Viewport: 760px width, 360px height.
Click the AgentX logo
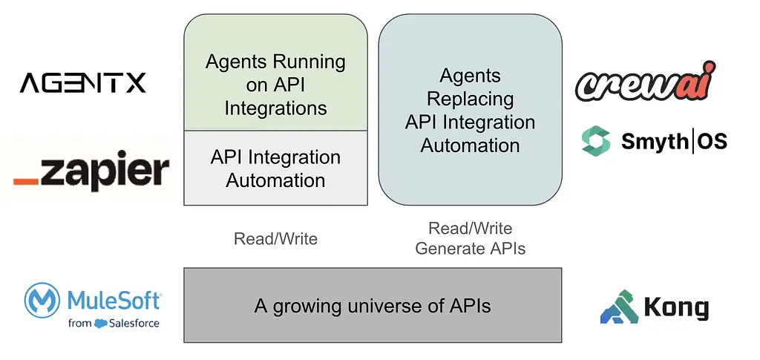pyautogui.click(x=82, y=82)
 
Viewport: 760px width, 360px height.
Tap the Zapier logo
pyautogui.click(x=91, y=173)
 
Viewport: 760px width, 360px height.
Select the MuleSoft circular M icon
pyautogui.click(x=44, y=301)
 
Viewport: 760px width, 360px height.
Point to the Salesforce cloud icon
pyautogui.click(x=101, y=323)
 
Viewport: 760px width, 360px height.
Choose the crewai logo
pyautogui.click(x=645, y=82)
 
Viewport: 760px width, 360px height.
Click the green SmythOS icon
pyautogui.click(x=595, y=141)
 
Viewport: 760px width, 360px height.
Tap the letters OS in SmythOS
pyautogui.click(x=711, y=140)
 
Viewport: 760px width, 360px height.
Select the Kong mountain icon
pyautogui.click(x=619, y=307)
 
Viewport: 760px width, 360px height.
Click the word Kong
pyautogui.click(x=677, y=308)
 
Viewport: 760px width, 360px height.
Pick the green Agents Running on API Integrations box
pyautogui.click(x=275, y=73)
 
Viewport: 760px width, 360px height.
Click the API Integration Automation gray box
pyautogui.click(x=275, y=168)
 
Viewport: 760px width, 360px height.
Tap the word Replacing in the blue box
pyautogui.click(x=470, y=99)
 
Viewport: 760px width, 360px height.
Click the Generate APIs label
pyautogui.click(x=470, y=249)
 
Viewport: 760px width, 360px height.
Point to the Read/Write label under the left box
pyautogui.click(x=275, y=239)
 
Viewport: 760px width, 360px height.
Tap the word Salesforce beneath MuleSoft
pyautogui.click(x=134, y=323)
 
